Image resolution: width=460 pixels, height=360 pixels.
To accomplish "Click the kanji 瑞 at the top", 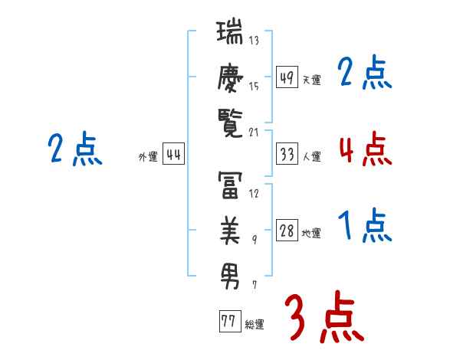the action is pyautogui.click(x=229, y=31).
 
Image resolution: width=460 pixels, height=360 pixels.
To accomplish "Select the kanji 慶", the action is pyautogui.click(x=230, y=78).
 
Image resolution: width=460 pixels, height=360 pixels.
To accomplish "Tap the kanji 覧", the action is pyautogui.click(x=230, y=123).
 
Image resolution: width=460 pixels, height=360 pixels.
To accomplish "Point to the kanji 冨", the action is pyautogui.click(x=230, y=185).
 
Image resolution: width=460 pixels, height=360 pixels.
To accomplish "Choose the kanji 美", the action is pyautogui.click(x=230, y=230).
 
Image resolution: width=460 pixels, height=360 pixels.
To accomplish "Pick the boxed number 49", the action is pyautogui.click(x=287, y=77).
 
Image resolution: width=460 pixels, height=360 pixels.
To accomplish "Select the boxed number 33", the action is pyautogui.click(x=287, y=154).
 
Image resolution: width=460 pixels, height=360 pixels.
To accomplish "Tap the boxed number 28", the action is pyautogui.click(x=287, y=230).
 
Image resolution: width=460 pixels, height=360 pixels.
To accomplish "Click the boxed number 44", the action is pyautogui.click(x=173, y=154).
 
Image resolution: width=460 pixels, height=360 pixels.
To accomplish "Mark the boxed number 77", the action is pyautogui.click(x=230, y=321).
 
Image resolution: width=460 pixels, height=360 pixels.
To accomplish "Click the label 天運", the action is pyautogui.click(x=312, y=80).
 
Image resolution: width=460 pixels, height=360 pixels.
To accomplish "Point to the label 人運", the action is pyautogui.click(x=312, y=156).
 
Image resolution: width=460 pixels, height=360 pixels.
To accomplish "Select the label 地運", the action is pyautogui.click(x=311, y=233).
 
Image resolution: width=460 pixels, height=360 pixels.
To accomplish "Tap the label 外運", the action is pyautogui.click(x=148, y=156).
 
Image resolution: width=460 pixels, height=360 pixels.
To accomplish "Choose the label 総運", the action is pyautogui.click(x=255, y=324).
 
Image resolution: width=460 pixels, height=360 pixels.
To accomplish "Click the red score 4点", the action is pyautogui.click(x=366, y=149).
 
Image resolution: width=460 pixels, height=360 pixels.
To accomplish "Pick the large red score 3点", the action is pyautogui.click(x=324, y=316).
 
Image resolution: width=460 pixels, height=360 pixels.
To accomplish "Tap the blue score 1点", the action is pyautogui.click(x=365, y=225).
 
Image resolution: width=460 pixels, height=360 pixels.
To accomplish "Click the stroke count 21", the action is pyautogui.click(x=254, y=133).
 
